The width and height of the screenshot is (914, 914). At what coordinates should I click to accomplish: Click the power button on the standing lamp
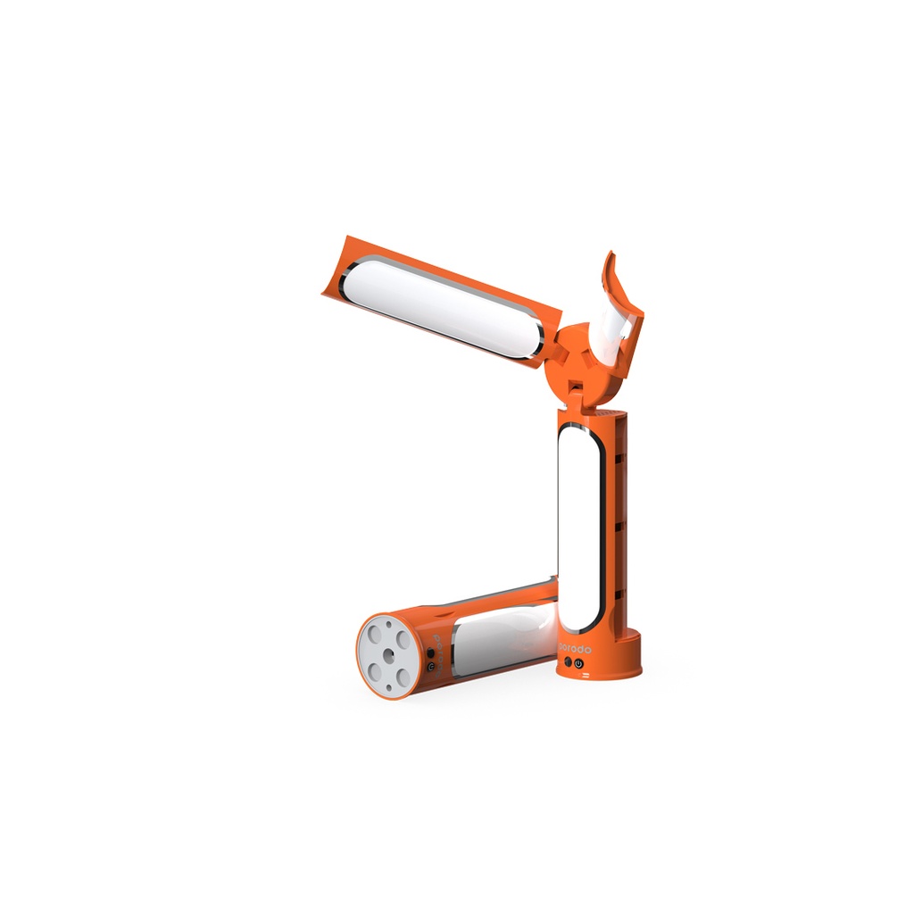(x=578, y=663)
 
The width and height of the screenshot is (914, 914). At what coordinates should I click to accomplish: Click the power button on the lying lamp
(x=430, y=665)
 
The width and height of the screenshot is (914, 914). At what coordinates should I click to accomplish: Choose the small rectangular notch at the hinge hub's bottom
(x=577, y=386)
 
